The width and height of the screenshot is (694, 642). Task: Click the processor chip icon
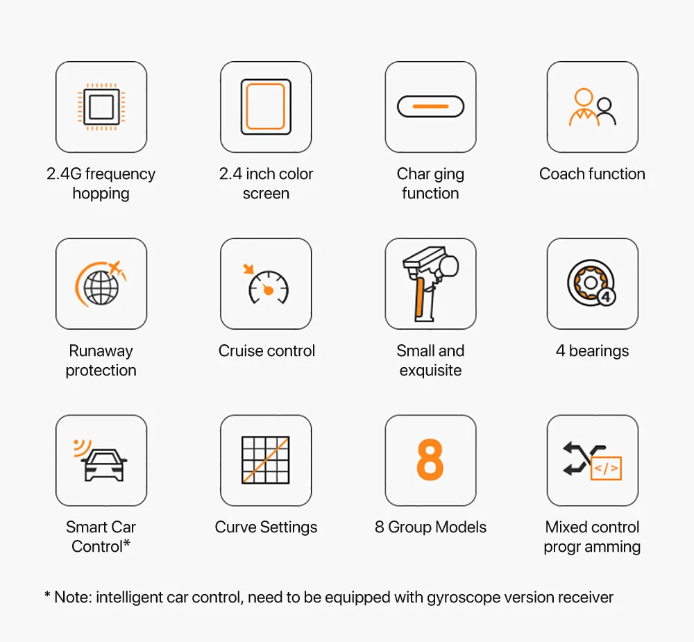[x=101, y=107]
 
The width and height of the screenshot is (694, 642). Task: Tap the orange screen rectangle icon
[x=266, y=107]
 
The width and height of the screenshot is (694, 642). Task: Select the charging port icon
[x=431, y=107]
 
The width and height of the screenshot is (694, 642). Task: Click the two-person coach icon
[x=593, y=107]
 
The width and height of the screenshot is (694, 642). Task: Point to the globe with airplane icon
[x=101, y=284]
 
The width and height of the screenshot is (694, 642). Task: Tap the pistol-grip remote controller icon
[x=431, y=284]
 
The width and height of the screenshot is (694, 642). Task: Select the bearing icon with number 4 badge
[x=592, y=283]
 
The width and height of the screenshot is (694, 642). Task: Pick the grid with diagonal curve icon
[x=266, y=460]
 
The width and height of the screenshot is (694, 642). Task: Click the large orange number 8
[x=430, y=459]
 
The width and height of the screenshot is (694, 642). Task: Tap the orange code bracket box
[x=607, y=468]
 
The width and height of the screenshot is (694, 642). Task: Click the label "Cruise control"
[x=266, y=350]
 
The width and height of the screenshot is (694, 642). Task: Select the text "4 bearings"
[x=592, y=350]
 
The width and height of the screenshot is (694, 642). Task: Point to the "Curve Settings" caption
[x=266, y=527]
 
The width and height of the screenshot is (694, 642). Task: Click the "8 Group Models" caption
[x=431, y=527]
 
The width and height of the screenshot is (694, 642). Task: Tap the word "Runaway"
[x=101, y=351]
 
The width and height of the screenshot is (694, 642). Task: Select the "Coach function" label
[x=592, y=174]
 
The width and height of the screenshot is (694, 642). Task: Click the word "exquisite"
[x=431, y=370]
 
